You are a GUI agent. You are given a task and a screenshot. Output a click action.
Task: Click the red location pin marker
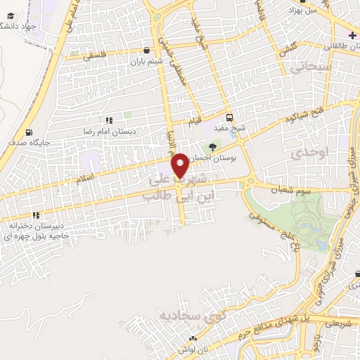182,165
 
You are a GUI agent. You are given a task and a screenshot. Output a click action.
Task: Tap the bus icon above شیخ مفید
231,117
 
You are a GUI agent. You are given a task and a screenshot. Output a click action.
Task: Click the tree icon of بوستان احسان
212,147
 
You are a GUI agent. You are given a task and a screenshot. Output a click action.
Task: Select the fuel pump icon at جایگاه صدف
28,132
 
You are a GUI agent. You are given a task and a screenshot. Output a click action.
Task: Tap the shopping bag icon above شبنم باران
146,50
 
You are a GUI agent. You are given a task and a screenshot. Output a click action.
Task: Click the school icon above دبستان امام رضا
109,121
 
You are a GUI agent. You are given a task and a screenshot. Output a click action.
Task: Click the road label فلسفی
96,54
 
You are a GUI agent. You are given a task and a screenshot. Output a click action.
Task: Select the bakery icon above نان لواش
192,340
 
